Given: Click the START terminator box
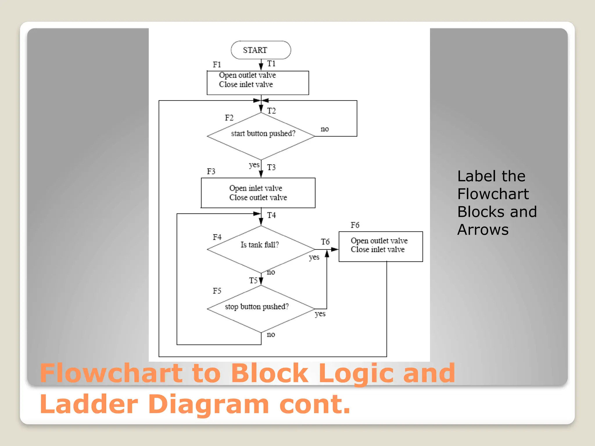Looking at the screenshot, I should pos(261,50).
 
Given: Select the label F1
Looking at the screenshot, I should pos(217,64).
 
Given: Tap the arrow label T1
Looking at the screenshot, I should pos(271,64).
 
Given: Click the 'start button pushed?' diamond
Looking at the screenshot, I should pos(261,136).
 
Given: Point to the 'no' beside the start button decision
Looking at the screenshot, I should pos(325,129).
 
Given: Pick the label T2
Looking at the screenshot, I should pos(271,111).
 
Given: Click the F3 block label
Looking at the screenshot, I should pos(211,171).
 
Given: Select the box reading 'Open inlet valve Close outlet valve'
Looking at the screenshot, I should pos(258,193).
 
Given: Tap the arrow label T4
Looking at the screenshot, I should pos(271,215).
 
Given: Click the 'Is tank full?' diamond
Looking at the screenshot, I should pos(261,249).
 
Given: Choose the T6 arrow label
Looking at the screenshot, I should pos(325,242).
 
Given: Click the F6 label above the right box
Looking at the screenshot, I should pos(355,225).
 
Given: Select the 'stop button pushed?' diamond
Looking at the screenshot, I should pos(261,309).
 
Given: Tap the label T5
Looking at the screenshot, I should pos(253,280).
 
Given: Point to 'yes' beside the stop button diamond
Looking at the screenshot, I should pos(320,314).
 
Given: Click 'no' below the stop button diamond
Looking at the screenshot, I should pos(271,334).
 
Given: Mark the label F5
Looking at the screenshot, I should pos(217,291).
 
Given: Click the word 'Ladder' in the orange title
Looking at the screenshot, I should pos(89,404).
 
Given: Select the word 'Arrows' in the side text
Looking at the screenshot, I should pos(483,230).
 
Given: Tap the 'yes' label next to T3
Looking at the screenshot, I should pos(254,165).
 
